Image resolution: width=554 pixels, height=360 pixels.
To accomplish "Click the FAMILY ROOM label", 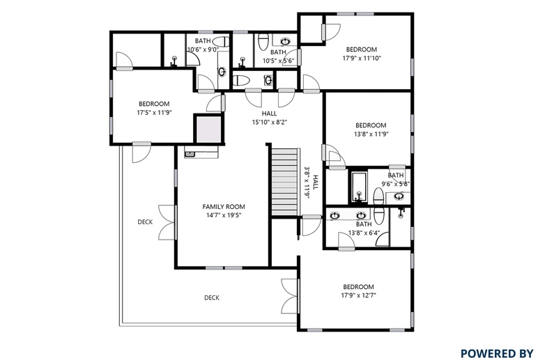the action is point(223,207).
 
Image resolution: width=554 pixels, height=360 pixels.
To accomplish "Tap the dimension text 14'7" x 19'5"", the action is point(223,215).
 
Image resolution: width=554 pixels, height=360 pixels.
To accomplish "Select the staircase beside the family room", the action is point(284,182).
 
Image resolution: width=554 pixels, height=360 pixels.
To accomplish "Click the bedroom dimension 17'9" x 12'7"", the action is point(358,295).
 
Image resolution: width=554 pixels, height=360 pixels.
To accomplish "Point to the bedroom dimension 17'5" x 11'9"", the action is point(154,113).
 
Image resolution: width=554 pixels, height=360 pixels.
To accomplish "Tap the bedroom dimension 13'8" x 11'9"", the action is point(371,134).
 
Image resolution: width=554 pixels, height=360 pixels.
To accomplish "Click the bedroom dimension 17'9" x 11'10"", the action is point(362,58).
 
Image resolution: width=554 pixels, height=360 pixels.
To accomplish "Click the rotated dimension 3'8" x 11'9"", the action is point(307,183).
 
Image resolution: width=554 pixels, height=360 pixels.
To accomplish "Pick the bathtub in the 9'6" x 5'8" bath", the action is point(359,187).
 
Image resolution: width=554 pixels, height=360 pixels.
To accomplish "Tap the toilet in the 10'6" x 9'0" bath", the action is point(221,41).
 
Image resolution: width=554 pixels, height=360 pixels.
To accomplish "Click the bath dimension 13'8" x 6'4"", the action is point(364,233).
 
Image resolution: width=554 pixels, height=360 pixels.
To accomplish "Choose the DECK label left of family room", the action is point(145,222).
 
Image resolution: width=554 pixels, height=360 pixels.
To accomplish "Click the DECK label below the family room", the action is point(212,298).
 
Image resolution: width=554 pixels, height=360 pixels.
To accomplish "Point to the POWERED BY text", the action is point(497,353).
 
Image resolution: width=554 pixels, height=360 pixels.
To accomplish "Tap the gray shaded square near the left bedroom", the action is point(208,130).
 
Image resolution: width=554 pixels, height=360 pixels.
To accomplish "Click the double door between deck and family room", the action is point(167,223).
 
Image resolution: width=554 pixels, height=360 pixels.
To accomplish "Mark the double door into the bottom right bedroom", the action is point(291,296).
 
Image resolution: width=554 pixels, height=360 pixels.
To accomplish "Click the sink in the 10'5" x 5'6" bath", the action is point(285,42).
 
